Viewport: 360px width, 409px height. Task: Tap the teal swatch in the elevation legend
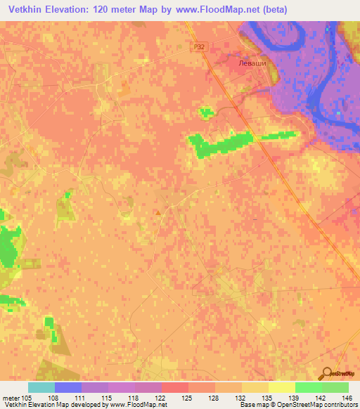[41, 387]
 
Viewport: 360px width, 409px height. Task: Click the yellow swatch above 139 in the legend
[282, 387]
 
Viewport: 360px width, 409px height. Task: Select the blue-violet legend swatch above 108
[68, 387]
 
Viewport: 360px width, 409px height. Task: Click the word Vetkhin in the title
[27, 9]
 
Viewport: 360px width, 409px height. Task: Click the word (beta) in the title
[271, 9]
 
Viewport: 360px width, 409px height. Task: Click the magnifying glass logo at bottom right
[328, 373]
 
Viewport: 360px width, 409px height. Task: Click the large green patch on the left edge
[8, 246]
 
